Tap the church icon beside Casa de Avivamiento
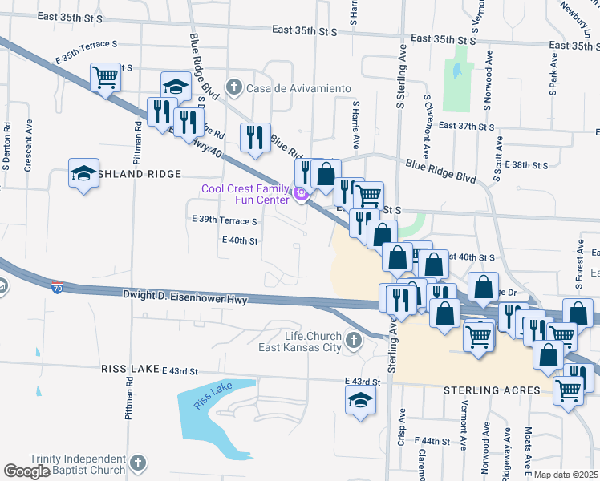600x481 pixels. pos(234,87)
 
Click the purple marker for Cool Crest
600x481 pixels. pos(301,193)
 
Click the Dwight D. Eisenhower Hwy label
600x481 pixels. pos(184,296)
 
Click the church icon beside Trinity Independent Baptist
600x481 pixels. pos(138,463)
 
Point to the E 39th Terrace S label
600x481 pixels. pos(225,220)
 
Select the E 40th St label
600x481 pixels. pos(240,240)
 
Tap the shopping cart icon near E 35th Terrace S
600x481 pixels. pos(105,77)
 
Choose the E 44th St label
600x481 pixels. pos(434,441)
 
